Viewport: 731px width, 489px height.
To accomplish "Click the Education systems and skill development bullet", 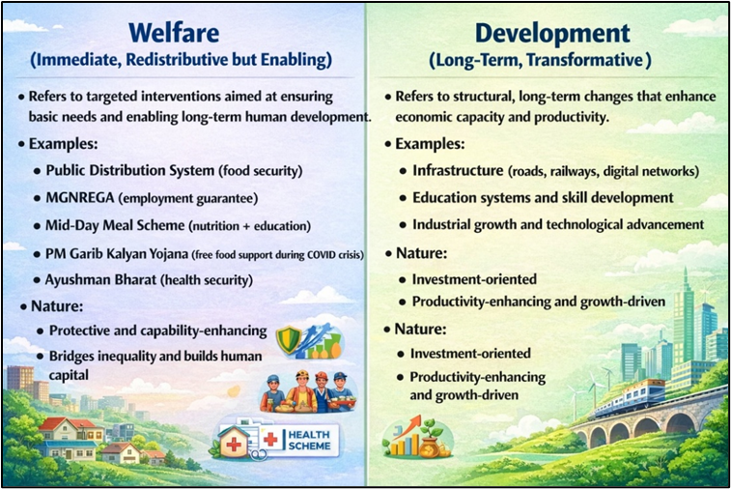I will click(x=542, y=197).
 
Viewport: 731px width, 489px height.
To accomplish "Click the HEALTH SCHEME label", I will click(x=310, y=440).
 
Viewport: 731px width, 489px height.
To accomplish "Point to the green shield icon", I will click(x=289, y=338).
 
